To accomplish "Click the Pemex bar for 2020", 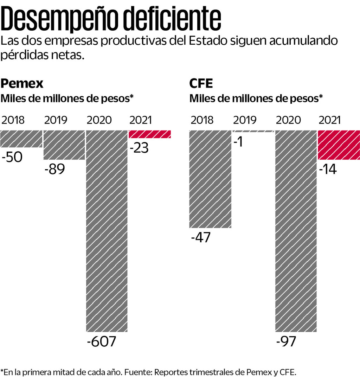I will (x=107, y=230).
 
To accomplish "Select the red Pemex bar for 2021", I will (x=150, y=134).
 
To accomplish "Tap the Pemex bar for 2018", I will (x=21, y=139).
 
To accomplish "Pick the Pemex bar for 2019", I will (x=64, y=145).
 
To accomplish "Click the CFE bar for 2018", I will (x=210, y=179).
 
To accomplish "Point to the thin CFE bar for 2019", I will (x=253, y=131).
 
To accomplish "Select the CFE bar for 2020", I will (x=296, y=230).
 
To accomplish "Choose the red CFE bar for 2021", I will (x=339, y=145).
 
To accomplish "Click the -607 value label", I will (x=101, y=342).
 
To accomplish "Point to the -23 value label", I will (x=139, y=148).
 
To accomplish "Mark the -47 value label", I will (x=200, y=238).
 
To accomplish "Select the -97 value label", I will (x=286, y=341).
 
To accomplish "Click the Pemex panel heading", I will (x=22, y=84).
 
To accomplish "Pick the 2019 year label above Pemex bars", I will (x=56, y=120).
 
